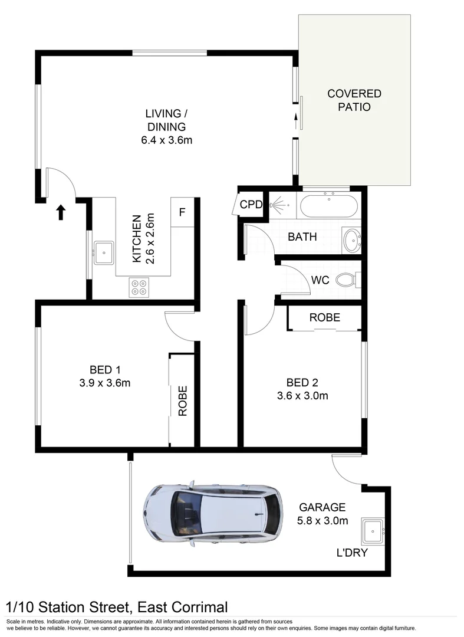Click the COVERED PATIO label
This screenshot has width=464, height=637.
[x=354, y=100]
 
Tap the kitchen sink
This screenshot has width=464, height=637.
[x=104, y=252]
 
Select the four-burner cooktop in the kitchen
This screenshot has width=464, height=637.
[x=139, y=287]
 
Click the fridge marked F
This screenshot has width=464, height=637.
[x=182, y=212]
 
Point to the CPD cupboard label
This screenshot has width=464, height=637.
[x=251, y=204]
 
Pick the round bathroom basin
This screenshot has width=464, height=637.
[x=351, y=240]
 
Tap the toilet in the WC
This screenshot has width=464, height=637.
[x=350, y=280]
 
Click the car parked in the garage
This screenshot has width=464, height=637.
[x=212, y=515]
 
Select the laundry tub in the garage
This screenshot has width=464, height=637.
[x=373, y=531]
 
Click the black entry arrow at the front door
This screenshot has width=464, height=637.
[x=61, y=212]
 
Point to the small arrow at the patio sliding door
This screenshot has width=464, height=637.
[x=296, y=120]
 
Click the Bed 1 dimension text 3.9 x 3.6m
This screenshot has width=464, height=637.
[x=105, y=383]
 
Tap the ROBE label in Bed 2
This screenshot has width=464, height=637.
[x=325, y=317]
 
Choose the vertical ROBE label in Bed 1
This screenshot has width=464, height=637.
[x=183, y=400]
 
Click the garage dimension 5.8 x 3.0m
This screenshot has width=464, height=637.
[x=323, y=520]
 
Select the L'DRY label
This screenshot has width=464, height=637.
[x=352, y=553]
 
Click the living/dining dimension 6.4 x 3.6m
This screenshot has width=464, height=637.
[x=166, y=140]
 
